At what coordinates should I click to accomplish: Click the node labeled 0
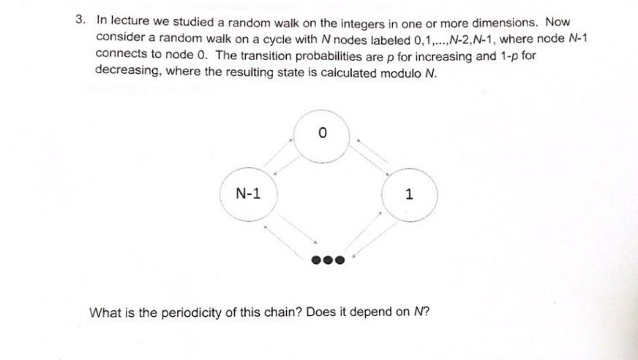[322, 133]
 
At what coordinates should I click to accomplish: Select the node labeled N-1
[248, 194]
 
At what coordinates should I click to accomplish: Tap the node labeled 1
[409, 195]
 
